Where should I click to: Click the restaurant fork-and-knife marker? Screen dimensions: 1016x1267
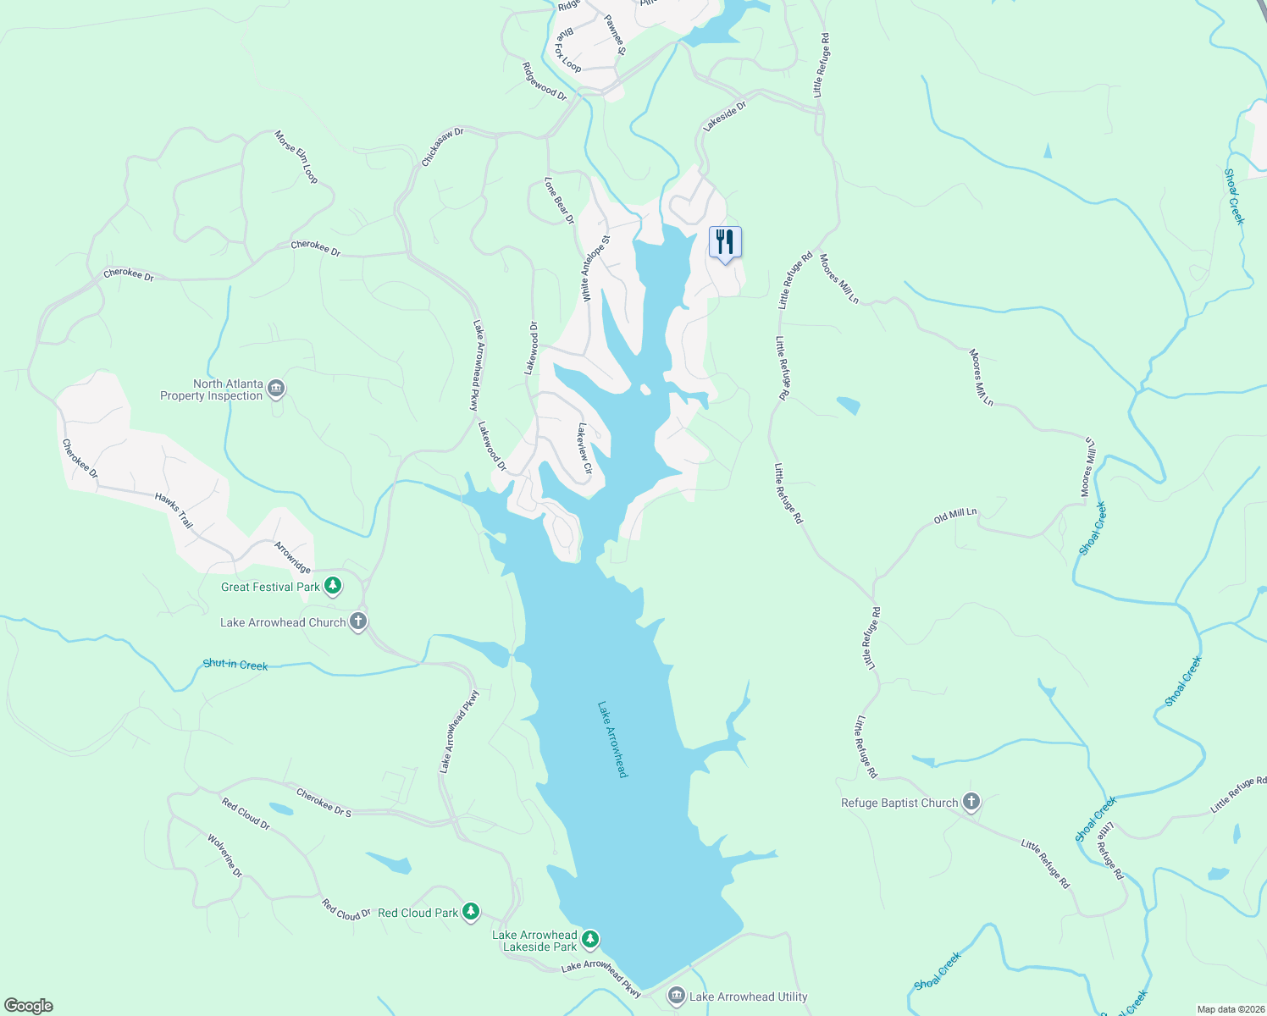tap(725, 243)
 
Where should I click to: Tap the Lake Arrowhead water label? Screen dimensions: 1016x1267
tap(612, 738)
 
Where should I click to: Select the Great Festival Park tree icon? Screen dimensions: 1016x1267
tap(333, 586)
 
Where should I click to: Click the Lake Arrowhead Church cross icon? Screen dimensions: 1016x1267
tap(358, 621)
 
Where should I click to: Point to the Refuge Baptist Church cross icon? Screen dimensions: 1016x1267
tap(971, 802)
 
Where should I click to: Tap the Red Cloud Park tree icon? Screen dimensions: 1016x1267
tap(471, 912)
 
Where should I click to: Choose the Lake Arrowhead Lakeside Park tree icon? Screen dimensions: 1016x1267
tap(590, 939)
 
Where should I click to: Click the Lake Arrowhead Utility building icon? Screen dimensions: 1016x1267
tap(676, 996)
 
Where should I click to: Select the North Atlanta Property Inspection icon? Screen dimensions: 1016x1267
tap(276, 389)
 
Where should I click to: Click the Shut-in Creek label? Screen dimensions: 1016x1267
tap(235, 665)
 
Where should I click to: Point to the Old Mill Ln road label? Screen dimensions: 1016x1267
tap(955, 516)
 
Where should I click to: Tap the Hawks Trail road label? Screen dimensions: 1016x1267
tap(174, 511)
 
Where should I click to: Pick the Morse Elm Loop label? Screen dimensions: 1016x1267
tap(296, 157)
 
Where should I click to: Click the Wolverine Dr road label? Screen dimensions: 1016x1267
tap(225, 855)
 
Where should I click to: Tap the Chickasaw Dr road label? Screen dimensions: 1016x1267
tap(443, 147)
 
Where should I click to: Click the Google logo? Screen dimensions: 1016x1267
tap(29, 1005)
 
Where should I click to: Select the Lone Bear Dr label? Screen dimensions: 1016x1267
tap(559, 201)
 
